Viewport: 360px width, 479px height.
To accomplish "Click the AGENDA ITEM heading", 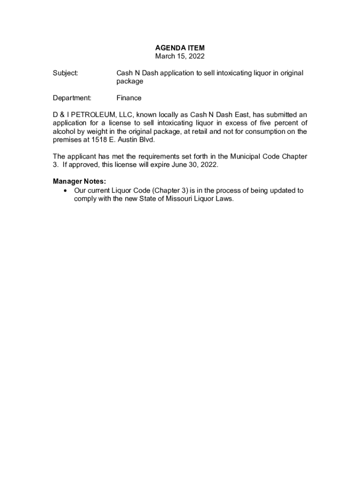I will click(x=180, y=48).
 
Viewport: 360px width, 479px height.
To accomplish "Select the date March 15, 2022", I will click(x=180, y=56).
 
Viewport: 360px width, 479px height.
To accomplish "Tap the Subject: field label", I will click(x=65, y=73).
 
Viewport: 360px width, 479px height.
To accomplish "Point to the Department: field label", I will click(x=72, y=98).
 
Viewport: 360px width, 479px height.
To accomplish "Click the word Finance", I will click(x=129, y=98).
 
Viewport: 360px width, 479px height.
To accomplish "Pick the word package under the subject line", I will click(x=130, y=81).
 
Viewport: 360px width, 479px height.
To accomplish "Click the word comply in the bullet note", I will click(x=86, y=199).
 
